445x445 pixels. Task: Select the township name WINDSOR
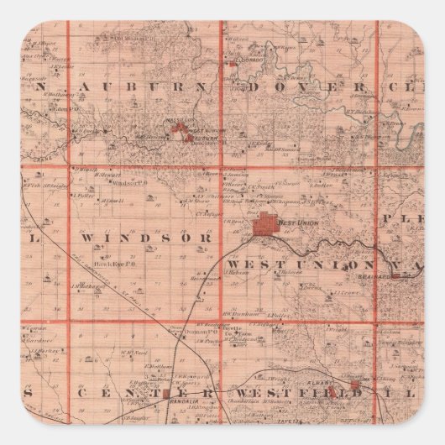[137, 238]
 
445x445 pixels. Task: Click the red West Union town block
[267, 224]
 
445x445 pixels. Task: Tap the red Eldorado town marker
[230, 61]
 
